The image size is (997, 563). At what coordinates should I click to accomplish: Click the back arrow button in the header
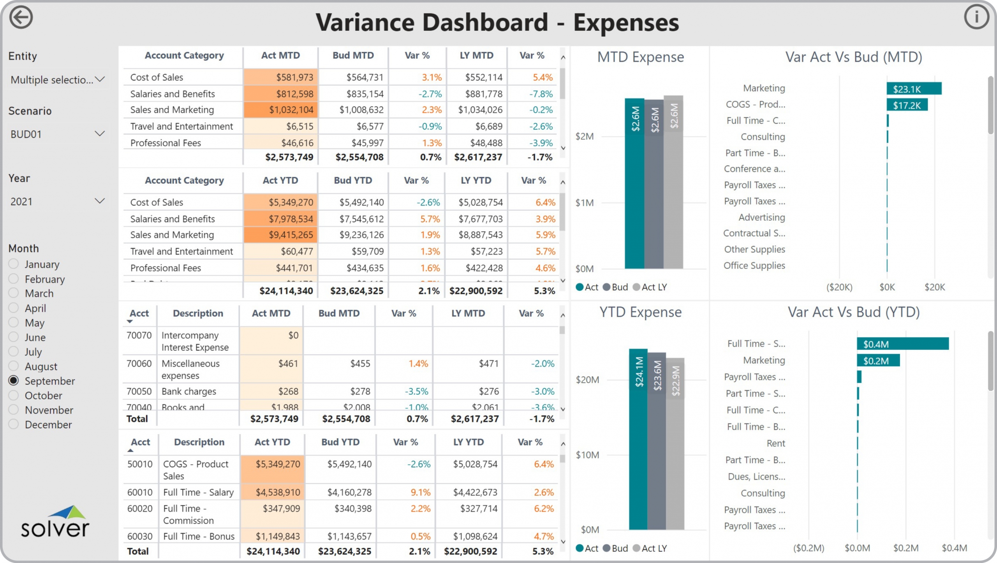(x=21, y=18)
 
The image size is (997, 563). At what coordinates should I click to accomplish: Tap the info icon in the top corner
(x=976, y=17)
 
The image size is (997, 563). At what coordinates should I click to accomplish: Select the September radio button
(x=14, y=380)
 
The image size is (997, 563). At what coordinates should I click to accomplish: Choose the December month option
(x=14, y=424)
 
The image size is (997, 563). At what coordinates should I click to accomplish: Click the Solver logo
(x=55, y=522)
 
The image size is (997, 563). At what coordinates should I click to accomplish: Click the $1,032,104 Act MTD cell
(x=281, y=110)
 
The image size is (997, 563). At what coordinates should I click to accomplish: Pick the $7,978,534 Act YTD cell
(x=281, y=219)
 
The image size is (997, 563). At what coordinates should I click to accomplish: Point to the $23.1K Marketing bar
(x=914, y=89)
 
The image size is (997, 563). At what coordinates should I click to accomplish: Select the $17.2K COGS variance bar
(x=907, y=105)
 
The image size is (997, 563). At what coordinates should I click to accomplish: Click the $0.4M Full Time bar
(x=902, y=344)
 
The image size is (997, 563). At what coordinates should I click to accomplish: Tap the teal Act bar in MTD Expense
(x=634, y=183)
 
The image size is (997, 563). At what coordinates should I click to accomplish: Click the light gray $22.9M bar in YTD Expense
(x=675, y=444)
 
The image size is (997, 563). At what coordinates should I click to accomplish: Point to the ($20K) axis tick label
(x=839, y=287)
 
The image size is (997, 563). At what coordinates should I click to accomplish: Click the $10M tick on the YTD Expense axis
(x=587, y=455)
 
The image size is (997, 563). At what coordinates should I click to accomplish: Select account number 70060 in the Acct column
(x=139, y=364)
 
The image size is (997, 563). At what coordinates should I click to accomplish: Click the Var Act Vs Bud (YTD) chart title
(x=854, y=312)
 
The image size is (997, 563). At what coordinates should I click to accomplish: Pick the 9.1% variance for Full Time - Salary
(x=421, y=492)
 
